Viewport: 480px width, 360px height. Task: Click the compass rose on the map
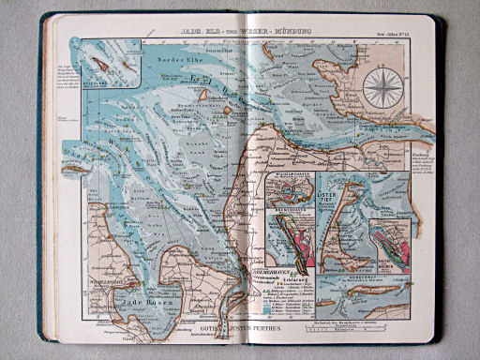click(x=383, y=88)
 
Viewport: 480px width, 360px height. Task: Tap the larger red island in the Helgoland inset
click(x=99, y=65)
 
